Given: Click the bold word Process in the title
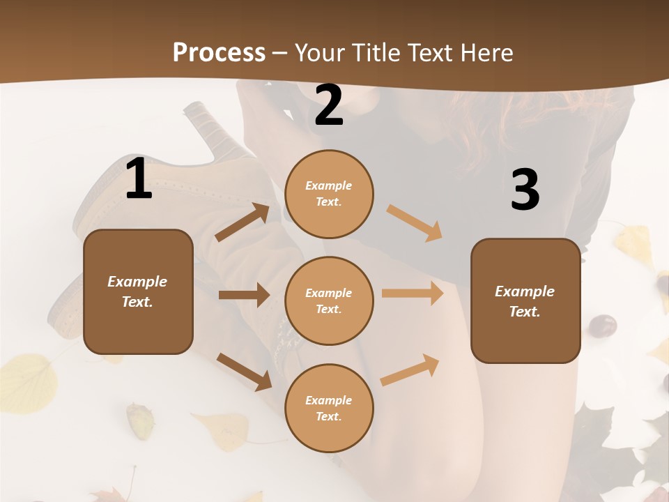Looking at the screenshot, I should coord(219,52).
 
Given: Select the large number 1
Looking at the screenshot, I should coord(139,179).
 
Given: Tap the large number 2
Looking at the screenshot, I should coord(329,105).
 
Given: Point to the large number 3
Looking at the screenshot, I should coord(525,190).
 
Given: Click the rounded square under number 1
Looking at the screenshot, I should coord(138,291).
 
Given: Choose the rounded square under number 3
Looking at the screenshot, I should coord(525,301).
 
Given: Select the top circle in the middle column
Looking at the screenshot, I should coord(329,194).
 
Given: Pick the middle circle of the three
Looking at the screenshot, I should coord(329,301).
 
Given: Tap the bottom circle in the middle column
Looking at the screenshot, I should coord(329,408).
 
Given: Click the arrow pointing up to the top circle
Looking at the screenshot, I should coord(243,222).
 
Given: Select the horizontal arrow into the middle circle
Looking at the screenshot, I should coord(244,295).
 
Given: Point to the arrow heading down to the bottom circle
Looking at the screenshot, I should coord(244,372).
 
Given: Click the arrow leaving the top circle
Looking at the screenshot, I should coord(415,223).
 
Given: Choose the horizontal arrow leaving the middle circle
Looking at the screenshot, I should coord(413,293).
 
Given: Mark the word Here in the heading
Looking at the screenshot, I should coord(486,52).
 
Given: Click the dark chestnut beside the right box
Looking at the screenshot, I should coord(603,325).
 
